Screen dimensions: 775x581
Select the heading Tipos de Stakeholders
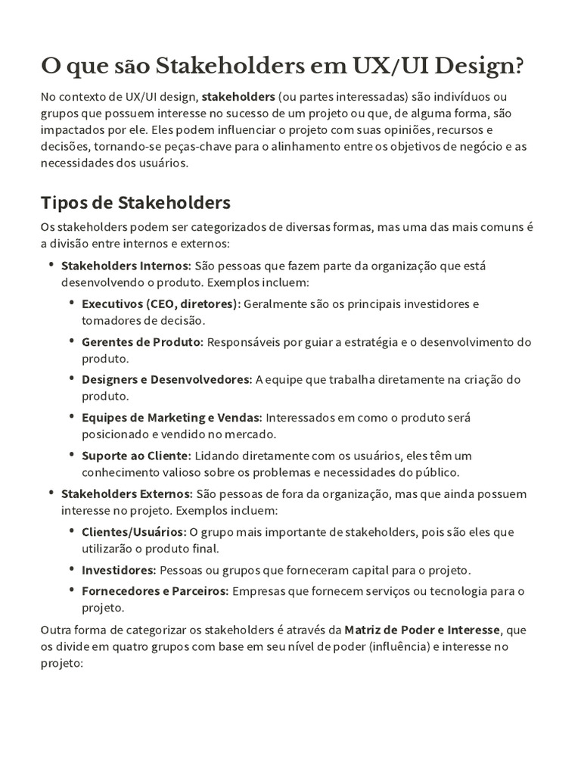pyautogui.click(x=135, y=203)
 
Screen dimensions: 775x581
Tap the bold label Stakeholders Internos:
pyautogui.click(x=126, y=266)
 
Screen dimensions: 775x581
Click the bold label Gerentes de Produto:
pyautogui.click(x=142, y=341)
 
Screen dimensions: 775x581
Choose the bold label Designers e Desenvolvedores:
pyautogui.click(x=166, y=379)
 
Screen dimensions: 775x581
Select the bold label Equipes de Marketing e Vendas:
pyautogui.click(x=172, y=417)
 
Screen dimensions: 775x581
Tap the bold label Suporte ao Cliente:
pyautogui.click(x=137, y=455)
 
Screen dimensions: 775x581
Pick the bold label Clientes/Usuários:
pyautogui.click(x=133, y=531)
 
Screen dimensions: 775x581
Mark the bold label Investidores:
pyautogui.click(x=119, y=569)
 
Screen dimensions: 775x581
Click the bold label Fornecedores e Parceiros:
pyautogui.click(x=155, y=590)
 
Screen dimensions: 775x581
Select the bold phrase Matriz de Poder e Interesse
pyautogui.click(x=422, y=629)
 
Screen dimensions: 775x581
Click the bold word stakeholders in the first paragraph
pyautogui.click(x=238, y=97)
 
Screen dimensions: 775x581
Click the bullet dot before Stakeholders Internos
pyautogui.click(x=51, y=265)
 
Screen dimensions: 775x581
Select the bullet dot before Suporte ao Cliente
pyautogui.click(x=71, y=454)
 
